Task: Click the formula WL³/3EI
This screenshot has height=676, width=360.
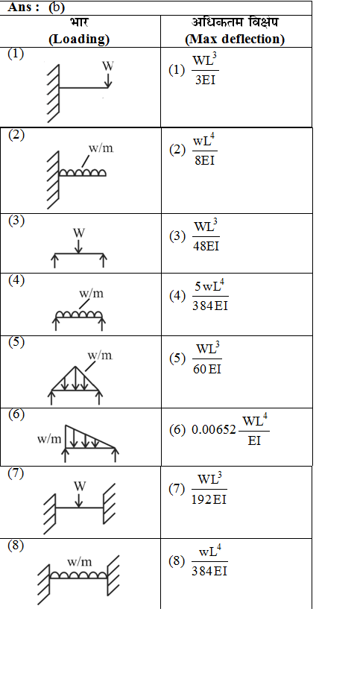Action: (205, 70)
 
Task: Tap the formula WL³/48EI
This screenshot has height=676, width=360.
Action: (206, 236)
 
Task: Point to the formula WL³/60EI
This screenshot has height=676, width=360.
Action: (207, 358)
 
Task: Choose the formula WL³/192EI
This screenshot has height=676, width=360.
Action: (209, 490)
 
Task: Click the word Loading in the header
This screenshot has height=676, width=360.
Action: (79, 40)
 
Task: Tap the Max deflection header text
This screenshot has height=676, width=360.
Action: (235, 40)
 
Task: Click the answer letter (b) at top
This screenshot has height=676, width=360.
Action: (56, 7)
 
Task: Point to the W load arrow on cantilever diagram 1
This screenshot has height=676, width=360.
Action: (108, 80)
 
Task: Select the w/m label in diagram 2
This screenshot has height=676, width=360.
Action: (101, 148)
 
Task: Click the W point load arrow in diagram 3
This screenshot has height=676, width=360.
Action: (78, 247)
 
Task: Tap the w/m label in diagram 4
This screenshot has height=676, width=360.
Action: (91, 294)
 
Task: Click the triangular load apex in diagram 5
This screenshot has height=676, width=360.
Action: (75, 367)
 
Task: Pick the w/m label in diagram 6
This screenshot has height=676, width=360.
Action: (49, 439)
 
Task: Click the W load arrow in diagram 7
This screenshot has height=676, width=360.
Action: (78, 500)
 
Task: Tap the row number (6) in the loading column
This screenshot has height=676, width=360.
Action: (16, 414)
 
